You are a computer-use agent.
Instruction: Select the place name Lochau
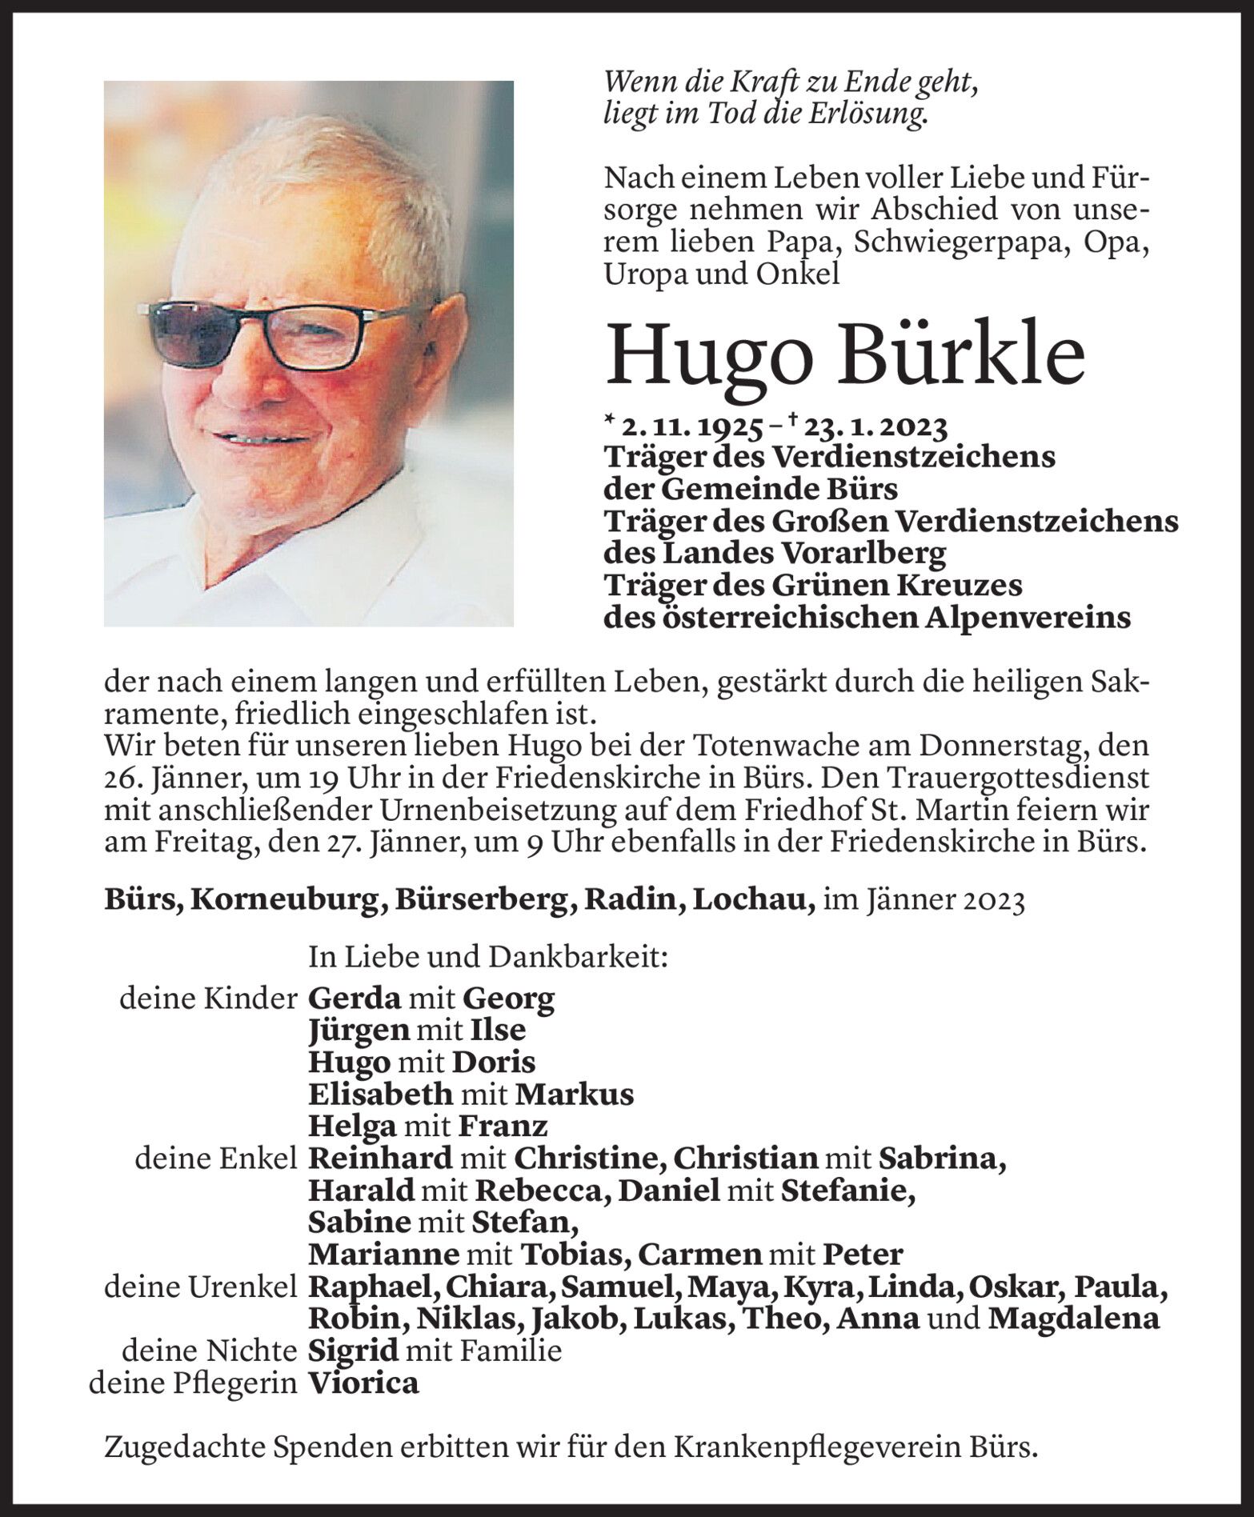coord(753,900)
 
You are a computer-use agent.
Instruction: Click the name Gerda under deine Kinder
coord(354,998)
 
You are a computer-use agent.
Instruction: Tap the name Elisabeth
coord(380,1094)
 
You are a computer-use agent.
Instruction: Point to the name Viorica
coord(363,1383)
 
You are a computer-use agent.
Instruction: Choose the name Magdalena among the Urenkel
coord(1072,1319)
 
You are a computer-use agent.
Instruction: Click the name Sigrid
coord(353,1351)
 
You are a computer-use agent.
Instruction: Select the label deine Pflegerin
coord(192,1383)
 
